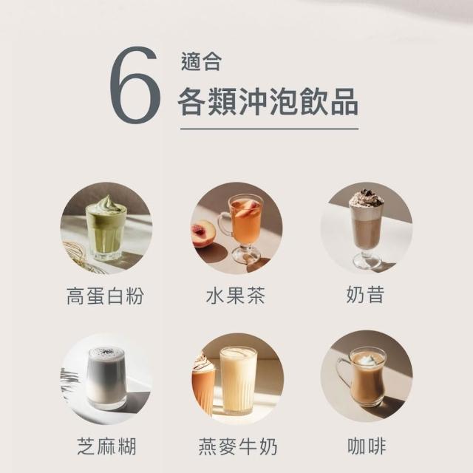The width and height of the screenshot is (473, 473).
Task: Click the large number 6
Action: tap(135, 85)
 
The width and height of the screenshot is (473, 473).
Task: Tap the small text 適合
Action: tap(201, 62)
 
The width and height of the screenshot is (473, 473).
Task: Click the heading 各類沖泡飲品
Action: tap(268, 101)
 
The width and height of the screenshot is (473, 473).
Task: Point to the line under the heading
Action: tap(269, 129)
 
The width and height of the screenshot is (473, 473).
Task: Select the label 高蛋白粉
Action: tap(105, 296)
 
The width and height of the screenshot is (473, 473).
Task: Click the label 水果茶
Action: tap(236, 296)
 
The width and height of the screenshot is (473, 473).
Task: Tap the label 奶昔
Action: tap(365, 295)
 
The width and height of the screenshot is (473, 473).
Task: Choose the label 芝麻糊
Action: tap(106, 446)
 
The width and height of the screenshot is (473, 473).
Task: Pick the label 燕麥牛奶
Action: tap(238, 446)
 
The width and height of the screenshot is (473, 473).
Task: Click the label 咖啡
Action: tap(367, 446)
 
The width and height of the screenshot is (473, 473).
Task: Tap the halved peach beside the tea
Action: tap(203, 234)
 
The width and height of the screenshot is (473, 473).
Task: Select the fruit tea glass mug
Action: tap(242, 228)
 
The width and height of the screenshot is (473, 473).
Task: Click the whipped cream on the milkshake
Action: tap(365, 198)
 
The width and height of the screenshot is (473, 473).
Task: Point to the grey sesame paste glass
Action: tap(106, 379)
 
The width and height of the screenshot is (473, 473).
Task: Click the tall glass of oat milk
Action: tap(238, 381)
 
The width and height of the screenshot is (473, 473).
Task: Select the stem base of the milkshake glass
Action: tap(367, 262)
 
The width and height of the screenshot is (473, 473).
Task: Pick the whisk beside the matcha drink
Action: tap(80, 256)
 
